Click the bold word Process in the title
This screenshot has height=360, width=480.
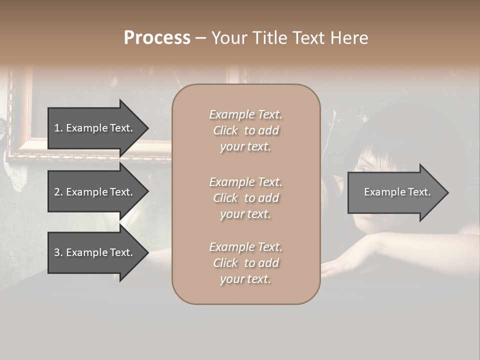click(157, 38)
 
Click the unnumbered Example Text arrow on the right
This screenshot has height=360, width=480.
click(397, 192)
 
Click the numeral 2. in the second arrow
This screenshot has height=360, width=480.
click(58, 192)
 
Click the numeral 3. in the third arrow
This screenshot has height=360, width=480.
click(58, 252)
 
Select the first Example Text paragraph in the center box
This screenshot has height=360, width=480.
click(245, 130)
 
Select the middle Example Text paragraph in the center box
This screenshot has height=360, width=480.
click(245, 198)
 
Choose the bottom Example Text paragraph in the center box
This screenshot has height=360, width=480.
click(245, 263)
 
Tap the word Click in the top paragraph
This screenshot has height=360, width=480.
click(225, 130)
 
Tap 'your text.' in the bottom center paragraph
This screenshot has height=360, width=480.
click(245, 279)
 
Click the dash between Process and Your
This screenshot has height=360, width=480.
click(201, 38)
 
